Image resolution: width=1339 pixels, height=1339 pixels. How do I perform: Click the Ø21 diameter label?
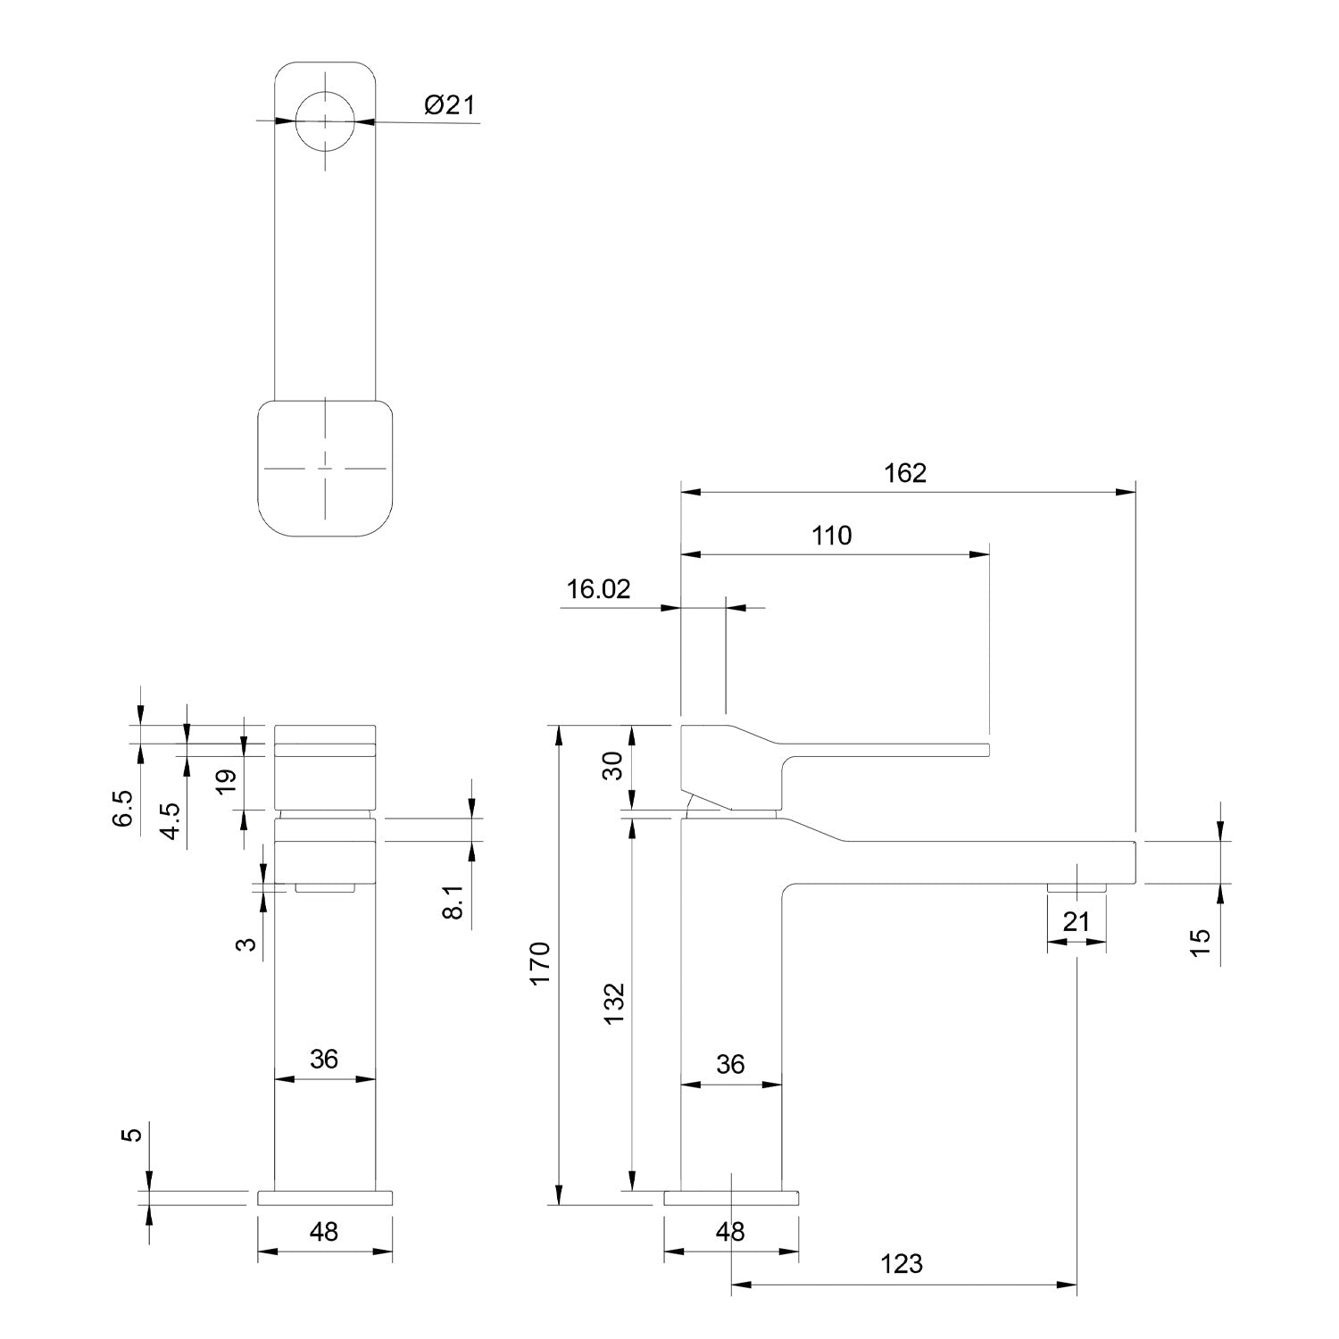(x=450, y=105)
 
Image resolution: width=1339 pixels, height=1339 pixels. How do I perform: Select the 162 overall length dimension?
(x=905, y=473)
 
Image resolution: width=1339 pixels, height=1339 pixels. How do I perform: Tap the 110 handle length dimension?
(x=831, y=536)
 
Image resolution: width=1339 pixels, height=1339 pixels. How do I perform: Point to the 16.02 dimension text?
(x=598, y=589)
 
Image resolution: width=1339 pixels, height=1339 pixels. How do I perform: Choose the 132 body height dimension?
(x=615, y=1003)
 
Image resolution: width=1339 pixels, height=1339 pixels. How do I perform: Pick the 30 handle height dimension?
(x=612, y=765)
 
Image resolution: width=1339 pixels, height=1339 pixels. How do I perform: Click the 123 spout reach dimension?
(x=901, y=1264)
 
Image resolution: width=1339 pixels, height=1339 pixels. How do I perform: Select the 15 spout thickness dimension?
(x=1201, y=943)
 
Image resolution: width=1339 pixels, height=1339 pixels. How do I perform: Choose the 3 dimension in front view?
(x=249, y=944)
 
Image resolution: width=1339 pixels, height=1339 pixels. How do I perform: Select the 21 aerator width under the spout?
(x=1076, y=921)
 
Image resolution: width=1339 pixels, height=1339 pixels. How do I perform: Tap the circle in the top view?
(x=326, y=121)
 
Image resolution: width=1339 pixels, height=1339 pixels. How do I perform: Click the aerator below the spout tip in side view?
(x=1076, y=887)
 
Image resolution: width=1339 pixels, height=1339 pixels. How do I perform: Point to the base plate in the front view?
(x=325, y=1198)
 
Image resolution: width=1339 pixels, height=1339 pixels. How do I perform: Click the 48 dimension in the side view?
(x=730, y=1232)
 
